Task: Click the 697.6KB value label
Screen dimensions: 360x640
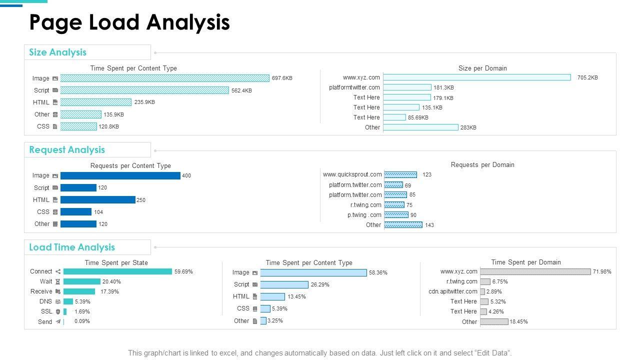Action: tap(282, 78)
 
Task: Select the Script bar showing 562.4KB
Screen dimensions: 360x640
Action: tap(144, 90)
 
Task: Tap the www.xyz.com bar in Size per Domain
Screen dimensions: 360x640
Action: tap(476, 77)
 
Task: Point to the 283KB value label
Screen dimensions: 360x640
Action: tap(468, 127)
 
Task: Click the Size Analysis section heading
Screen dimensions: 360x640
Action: tap(57, 52)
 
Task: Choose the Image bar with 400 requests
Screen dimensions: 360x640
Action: tap(120, 175)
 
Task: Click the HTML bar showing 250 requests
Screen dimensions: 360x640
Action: tap(97, 200)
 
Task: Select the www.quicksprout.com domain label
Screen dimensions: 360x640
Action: tap(352, 174)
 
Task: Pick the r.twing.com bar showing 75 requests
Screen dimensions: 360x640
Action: tap(394, 205)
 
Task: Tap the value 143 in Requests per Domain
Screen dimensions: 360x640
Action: tap(429, 225)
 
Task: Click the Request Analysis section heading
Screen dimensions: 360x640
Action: tap(67, 150)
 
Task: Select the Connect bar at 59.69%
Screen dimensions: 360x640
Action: tap(117, 271)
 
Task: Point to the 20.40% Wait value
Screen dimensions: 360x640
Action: tap(111, 281)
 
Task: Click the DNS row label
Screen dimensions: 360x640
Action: tap(45, 301)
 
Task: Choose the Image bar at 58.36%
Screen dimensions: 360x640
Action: tap(313, 272)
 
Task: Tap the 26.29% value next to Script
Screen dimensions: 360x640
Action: tap(320, 284)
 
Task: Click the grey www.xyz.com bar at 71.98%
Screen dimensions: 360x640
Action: tap(535, 271)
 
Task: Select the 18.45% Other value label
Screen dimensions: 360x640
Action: tap(518, 321)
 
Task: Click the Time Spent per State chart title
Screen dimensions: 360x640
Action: tap(116, 262)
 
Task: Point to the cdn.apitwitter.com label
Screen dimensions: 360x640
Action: tap(452, 291)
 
